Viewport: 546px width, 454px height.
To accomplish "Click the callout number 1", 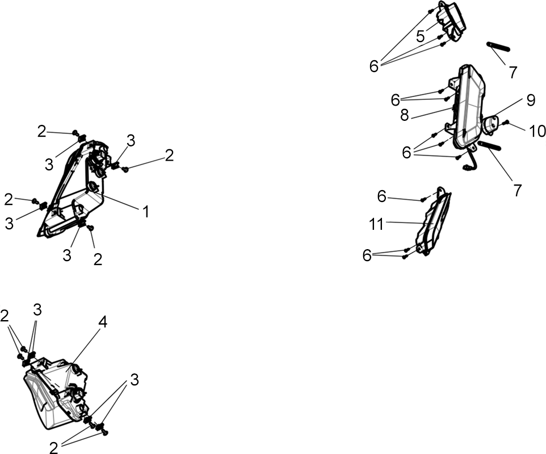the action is [x=146, y=212].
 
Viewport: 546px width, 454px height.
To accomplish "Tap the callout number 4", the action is [x=102, y=322].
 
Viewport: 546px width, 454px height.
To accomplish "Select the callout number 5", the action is [x=421, y=36].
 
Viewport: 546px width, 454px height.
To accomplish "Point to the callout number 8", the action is [x=404, y=115].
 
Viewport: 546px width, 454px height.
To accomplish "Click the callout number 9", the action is [x=531, y=100].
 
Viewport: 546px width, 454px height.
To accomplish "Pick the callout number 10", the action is [x=537, y=131].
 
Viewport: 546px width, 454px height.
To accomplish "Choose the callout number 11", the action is [x=376, y=225].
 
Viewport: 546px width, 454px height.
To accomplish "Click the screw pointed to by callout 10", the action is [x=507, y=122].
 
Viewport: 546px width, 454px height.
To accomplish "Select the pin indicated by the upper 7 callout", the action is [x=499, y=46].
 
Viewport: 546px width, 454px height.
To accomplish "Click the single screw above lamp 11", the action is [x=423, y=200].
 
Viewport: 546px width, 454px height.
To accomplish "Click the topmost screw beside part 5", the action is [x=431, y=11].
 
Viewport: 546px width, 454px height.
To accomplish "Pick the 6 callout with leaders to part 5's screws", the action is [x=374, y=66].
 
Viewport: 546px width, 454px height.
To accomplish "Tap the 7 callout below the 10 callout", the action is [x=518, y=191].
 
